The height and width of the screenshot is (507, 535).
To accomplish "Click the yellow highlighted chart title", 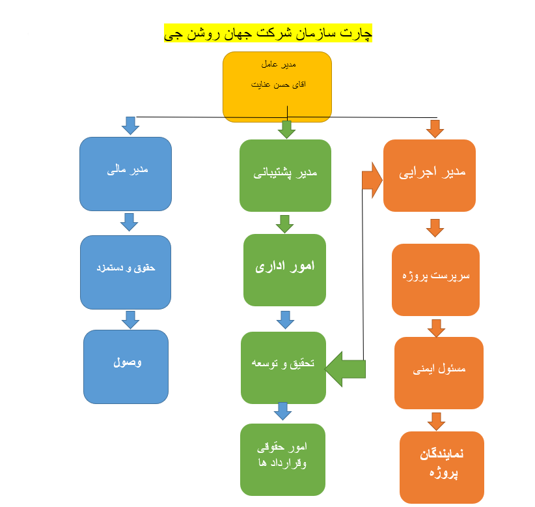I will click(267, 33).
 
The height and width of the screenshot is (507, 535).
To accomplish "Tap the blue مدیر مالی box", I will click(126, 173).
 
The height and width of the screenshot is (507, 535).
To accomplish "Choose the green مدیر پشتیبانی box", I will click(285, 175).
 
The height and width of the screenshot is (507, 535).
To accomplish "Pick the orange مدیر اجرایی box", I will click(429, 175).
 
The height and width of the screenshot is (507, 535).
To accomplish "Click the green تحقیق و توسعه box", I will click(283, 368).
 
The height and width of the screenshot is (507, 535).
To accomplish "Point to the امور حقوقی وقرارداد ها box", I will click(282, 459).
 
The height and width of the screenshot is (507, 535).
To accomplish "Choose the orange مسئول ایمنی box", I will click(439, 372).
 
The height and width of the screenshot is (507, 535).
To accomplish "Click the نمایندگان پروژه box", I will click(442, 467).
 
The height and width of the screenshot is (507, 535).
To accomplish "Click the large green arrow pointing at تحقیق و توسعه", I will click(344, 369).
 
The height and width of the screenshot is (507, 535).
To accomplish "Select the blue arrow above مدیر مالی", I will click(131, 125).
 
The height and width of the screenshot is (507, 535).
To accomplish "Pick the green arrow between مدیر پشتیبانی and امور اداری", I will click(284, 224).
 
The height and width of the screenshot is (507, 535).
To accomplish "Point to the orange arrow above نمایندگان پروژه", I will click(436, 421).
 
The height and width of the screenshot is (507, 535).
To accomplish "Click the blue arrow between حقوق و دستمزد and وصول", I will click(130, 319).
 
